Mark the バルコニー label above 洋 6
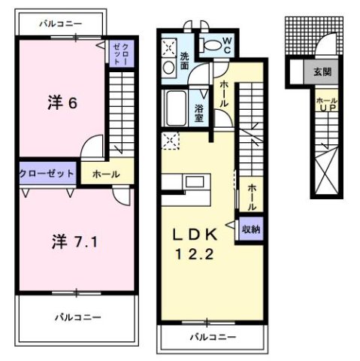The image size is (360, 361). point(60,23)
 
